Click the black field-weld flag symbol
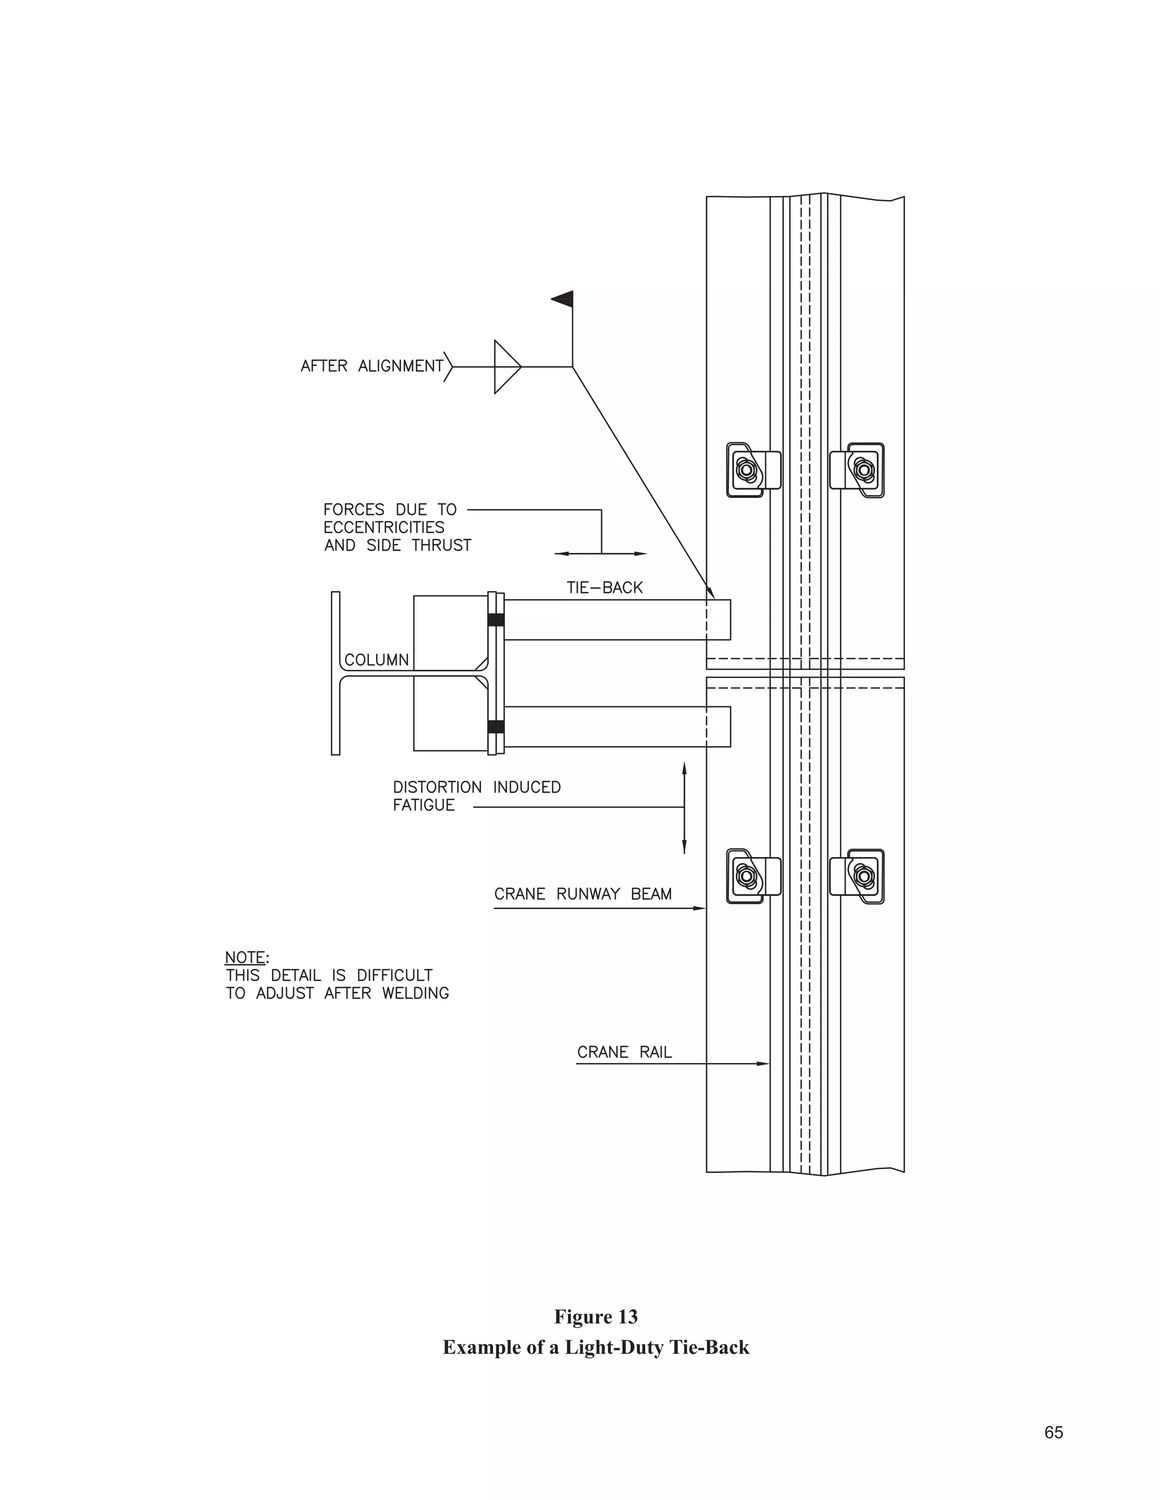[564, 299]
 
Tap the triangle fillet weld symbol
[506, 367]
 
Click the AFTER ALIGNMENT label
[372, 366]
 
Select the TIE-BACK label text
[604, 587]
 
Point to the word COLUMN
[376, 660]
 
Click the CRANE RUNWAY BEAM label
[583, 894]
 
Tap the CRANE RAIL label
[624, 1052]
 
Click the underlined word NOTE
[245, 957]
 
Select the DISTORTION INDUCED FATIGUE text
[476, 796]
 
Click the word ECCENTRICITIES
[383, 528]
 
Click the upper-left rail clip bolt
[745, 471]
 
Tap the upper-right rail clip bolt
[864, 470]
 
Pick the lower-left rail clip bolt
[745, 876]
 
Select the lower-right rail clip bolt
[864, 876]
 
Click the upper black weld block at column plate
[496, 620]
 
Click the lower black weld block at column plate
[496, 727]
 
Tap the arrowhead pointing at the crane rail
[764, 1064]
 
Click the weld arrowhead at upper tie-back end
[711, 593]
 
